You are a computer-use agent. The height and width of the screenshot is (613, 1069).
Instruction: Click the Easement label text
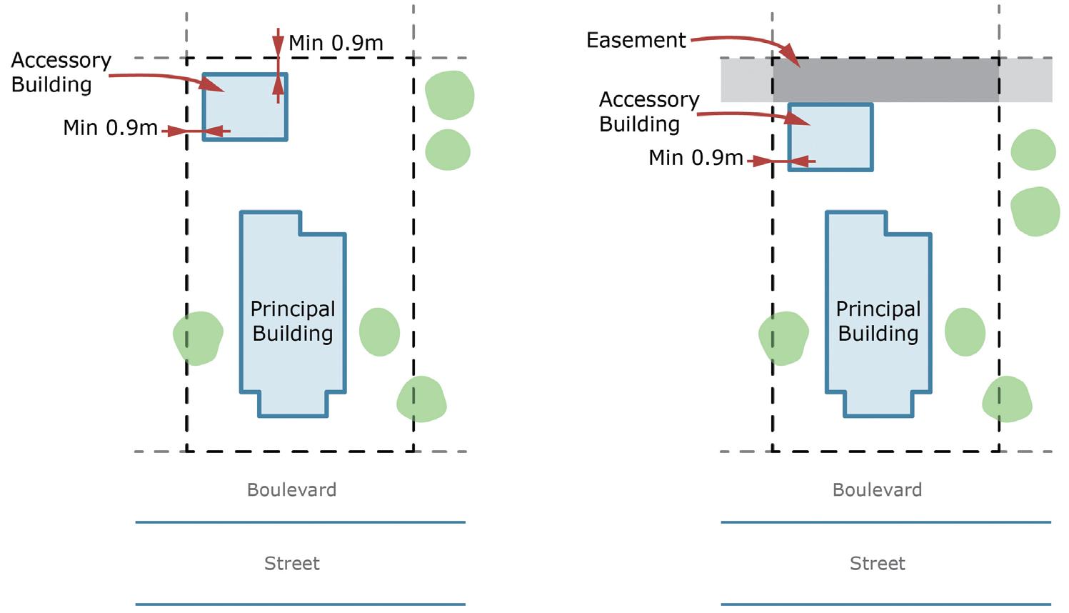click(x=636, y=40)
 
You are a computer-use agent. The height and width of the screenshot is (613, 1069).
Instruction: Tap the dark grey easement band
click(x=885, y=79)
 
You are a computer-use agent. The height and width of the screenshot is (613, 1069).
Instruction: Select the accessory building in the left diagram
click(x=245, y=107)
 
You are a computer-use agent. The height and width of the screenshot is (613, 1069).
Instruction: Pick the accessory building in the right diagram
click(x=830, y=137)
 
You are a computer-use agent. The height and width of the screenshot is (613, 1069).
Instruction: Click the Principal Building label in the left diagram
click(x=293, y=321)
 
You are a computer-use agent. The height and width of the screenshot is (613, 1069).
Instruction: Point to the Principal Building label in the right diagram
click(x=878, y=321)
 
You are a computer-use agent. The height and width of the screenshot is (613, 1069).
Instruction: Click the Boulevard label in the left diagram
click(x=291, y=490)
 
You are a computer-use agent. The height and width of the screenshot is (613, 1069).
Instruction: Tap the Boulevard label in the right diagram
click(x=877, y=490)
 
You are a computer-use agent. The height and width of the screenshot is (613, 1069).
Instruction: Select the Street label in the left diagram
click(x=291, y=564)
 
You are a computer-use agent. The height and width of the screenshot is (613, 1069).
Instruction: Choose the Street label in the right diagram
click(x=877, y=564)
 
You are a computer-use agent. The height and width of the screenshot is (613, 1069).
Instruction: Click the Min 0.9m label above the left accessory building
click(x=336, y=43)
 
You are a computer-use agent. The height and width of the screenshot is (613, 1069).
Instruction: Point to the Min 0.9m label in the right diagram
click(x=696, y=157)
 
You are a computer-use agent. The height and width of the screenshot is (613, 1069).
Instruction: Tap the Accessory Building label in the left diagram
click(x=61, y=72)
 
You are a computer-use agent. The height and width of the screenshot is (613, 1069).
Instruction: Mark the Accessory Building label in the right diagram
click(x=648, y=111)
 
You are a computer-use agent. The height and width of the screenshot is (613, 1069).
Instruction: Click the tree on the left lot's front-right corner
click(x=421, y=399)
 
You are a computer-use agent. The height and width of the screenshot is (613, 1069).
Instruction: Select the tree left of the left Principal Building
click(x=198, y=338)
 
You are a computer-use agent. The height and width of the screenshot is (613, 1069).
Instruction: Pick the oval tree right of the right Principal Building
click(x=965, y=332)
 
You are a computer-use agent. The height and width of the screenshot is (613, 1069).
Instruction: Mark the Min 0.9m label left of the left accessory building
click(x=110, y=128)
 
